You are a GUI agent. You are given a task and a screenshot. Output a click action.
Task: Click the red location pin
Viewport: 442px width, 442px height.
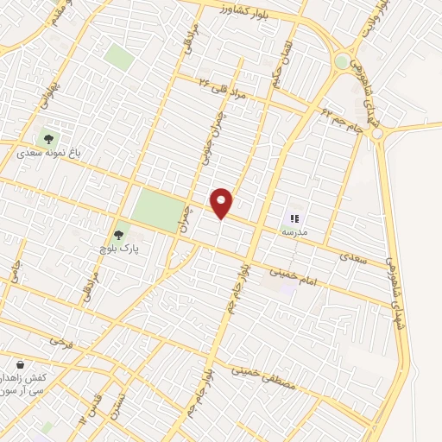click(x=222, y=202)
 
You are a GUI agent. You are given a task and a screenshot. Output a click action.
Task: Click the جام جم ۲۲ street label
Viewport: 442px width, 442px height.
click(x=342, y=120)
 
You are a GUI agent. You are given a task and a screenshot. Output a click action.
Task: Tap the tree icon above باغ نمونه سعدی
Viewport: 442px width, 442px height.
click(x=47, y=137)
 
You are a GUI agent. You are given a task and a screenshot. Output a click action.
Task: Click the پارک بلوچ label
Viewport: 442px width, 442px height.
click(x=119, y=247)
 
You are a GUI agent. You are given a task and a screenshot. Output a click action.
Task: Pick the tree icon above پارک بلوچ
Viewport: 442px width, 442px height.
click(x=119, y=232)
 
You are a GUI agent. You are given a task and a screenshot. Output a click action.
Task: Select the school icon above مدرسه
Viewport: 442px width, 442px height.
click(x=294, y=220)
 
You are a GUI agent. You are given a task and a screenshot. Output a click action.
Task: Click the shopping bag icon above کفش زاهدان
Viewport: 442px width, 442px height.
click(x=19, y=363)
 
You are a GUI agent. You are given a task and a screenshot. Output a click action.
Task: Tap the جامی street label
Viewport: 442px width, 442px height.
click(x=15, y=273)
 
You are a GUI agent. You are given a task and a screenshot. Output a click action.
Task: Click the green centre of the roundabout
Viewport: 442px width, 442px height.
click(x=343, y=61)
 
